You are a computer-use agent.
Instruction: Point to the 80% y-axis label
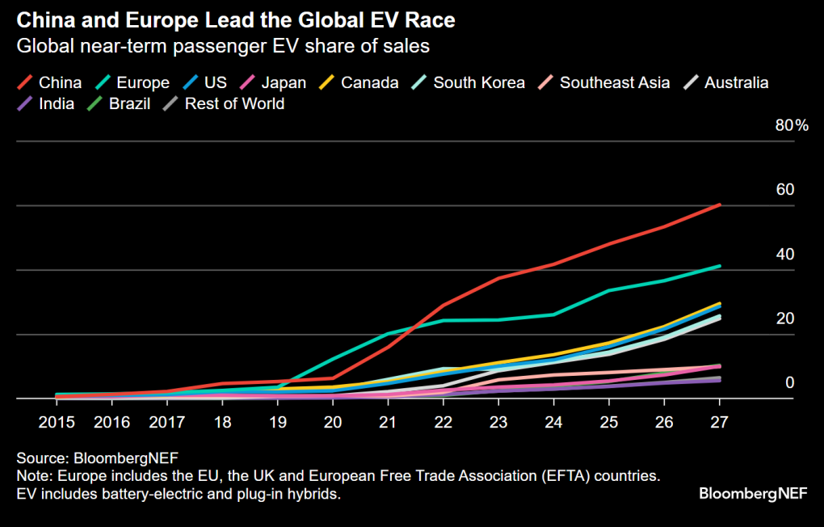click(x=792, y=125)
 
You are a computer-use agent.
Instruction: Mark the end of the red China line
click(x=719, y=205)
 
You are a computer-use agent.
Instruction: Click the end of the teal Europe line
click(x=719, y=266)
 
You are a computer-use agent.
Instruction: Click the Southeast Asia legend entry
click(x=614, y=82)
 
